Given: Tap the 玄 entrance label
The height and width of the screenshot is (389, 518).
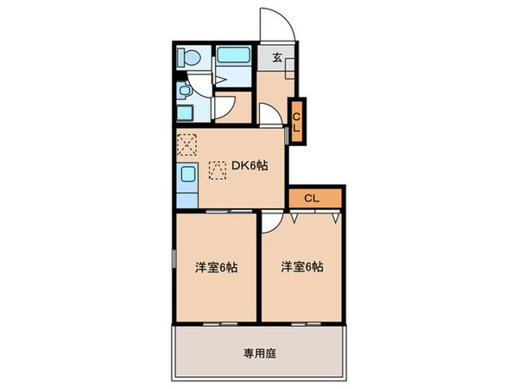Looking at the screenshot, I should click(278, 59).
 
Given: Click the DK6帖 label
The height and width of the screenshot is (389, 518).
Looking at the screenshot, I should click(249, 167).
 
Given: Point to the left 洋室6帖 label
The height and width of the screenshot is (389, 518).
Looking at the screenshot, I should click(215, 267).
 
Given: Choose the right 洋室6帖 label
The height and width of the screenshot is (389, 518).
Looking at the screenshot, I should click(301, 267).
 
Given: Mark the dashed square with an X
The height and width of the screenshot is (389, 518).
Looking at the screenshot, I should click(187, 143).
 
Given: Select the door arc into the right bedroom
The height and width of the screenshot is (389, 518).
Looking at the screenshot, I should click(271, 223).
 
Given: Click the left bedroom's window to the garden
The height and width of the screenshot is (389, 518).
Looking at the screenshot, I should click(217, 322).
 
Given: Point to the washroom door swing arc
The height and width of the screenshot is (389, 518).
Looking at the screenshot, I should click(224, 106).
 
